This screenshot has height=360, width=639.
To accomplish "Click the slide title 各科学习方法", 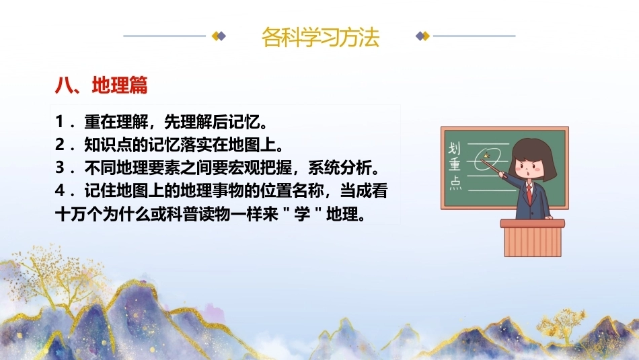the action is (x=320, y=37).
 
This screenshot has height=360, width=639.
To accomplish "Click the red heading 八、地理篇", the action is (x=101, y=85).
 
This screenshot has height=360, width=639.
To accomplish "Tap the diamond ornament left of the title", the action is (x=219, y=36).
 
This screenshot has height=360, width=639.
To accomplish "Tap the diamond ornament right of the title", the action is (x=422, y=36).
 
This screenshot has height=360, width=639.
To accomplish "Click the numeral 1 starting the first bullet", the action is (x=59, y=122).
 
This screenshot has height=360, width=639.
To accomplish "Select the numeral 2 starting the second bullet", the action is (x=60, y=144).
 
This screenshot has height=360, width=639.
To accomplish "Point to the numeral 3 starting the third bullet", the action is (x=60, y=167).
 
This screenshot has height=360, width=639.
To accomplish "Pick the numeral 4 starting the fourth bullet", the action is (x=60, y=190).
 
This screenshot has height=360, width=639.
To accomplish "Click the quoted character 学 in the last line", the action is (x=301, y=213).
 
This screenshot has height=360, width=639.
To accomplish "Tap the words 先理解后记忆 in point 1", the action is (x=212, y=122).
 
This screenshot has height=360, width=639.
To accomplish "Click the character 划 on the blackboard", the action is (x=455, y=147).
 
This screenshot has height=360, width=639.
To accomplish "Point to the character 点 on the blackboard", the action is (x=455, y=183).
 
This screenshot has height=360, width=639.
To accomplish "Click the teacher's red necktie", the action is (x=529, y=193).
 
